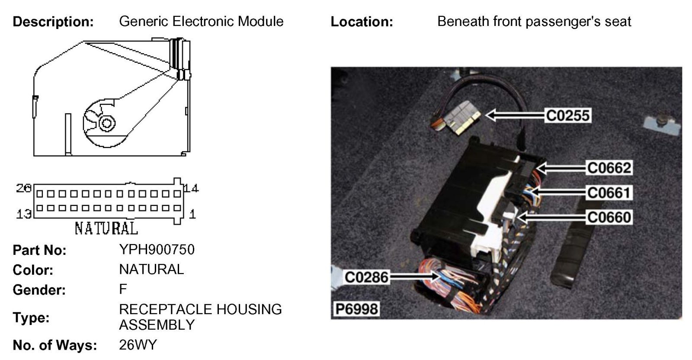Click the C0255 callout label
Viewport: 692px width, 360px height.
pos(568,116)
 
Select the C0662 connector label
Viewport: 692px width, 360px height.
pos(609,168)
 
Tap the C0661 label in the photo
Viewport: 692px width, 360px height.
pos(609,193)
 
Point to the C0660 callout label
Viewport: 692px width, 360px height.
pos(609,217)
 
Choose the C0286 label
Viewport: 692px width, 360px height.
pos(366,277)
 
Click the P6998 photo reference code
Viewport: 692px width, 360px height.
pos(357,309)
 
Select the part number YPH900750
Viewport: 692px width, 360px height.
pos(157,250)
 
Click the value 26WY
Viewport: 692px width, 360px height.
pos(138,345)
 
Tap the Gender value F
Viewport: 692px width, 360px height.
pos(123,289)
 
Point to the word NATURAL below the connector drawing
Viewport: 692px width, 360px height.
pos(106,228)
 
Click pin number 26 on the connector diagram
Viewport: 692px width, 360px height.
pos(24,188)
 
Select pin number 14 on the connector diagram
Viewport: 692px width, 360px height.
pos(191,188)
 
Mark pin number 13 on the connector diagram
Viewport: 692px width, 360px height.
pos(24,214)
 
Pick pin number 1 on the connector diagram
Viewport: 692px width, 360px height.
pos(192,214)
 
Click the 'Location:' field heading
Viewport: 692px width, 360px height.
pos(362,22)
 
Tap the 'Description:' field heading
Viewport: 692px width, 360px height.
pos(53,22)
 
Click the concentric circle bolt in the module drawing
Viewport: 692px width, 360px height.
pos(105,123)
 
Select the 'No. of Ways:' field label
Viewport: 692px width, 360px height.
pos(54,345)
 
